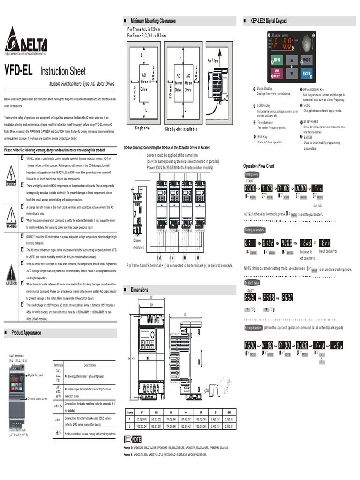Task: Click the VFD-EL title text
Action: tap(18, 71)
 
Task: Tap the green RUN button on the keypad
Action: tap(277, 60)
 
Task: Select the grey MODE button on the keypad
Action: tap(306, 60)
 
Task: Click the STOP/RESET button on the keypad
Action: tap(277, 74)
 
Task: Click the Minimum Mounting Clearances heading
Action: tap(153, 21)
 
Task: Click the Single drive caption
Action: tap(143, 128)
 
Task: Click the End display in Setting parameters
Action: tap(306, 242)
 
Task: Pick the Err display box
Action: tap(326, 242)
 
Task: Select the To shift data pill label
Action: tap(252, 283)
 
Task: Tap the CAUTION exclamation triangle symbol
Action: tap(11, 273)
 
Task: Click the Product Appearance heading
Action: tap(26, 333)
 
